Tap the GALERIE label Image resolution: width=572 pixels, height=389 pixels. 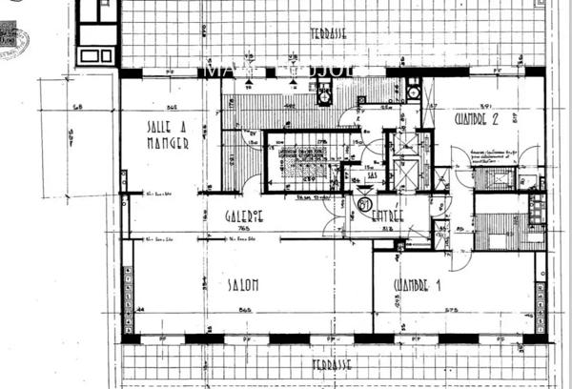click(x=244, y=216)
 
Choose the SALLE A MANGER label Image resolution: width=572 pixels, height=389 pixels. click(x=168, y=135)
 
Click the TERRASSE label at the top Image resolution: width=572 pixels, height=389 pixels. click(x=328, y=34)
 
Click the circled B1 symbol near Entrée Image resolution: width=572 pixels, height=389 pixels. click(x=364, y=202)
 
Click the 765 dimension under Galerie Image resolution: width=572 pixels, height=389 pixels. click(x=244, y=229)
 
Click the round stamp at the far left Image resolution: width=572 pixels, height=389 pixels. click(x=11, y=40)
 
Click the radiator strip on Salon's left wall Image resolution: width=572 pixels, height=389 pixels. click(x=128, y=286)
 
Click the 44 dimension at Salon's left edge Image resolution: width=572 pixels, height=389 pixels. click(x=140, y=310)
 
